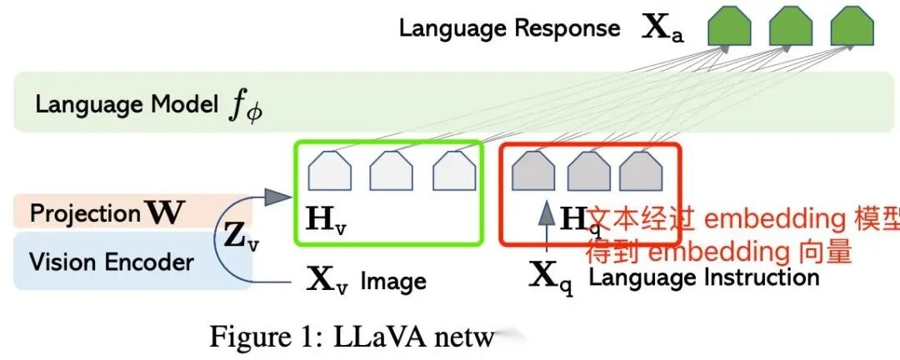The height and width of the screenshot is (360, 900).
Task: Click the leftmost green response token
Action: pyautogui.click(x=729, y=27)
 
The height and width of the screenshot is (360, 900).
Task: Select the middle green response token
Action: pyautogui.click(x=790, y=27)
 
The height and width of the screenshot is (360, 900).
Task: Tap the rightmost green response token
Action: pyautogui.click(x=852, y=27)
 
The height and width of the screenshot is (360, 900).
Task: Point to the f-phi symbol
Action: pyautogui.click(x=245, y=107)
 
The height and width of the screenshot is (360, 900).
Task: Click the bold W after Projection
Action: pyautogui.click(x=165, y=212)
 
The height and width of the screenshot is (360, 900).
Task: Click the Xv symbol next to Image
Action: pyautogui.click(x=327, y=280)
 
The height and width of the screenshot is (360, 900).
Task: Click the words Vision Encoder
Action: pyautogui.click(x=112, y=262)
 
